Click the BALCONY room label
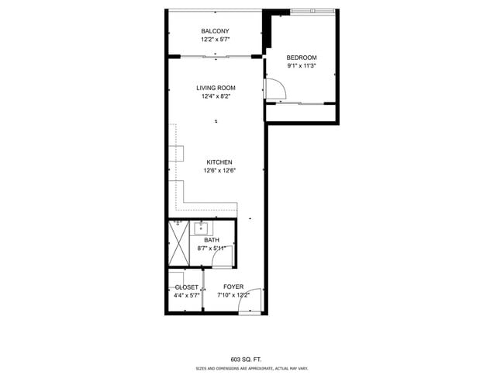pos(215,31)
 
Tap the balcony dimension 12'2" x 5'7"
pos(215,39)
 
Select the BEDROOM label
pos(302,57)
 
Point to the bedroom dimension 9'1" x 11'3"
pos(302,66)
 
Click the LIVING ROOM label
pos(216,88)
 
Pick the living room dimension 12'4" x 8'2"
pos(216,96)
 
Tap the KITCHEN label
pos(219,162)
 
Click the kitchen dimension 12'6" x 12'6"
pos(219,171)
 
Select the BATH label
pos(212,240)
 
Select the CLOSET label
pos(187,287)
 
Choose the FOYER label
pos(233,287)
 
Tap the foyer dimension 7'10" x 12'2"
pos(233,296)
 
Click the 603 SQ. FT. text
pos(250,360)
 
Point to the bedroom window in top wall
pos(313,11)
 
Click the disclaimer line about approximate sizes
pos(250,370)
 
